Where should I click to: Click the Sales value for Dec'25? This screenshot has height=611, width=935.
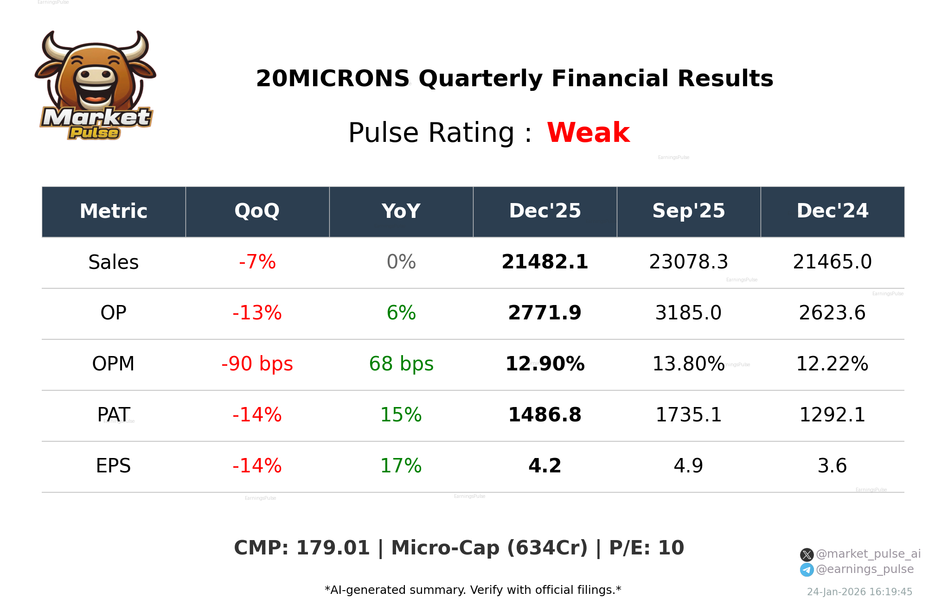544,262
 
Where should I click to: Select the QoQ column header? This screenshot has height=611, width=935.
257,211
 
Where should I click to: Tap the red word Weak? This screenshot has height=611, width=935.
588,133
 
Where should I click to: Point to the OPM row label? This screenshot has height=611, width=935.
113,364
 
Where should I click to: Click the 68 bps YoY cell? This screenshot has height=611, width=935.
401,364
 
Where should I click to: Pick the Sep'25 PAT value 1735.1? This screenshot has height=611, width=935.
688,415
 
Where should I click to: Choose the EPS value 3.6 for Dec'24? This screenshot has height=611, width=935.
832,466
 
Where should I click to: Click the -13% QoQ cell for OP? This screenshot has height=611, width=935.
257,313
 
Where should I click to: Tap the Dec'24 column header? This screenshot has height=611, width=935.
832,211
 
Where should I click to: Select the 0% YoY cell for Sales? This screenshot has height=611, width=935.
401,262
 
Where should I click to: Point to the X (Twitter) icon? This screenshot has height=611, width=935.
807,554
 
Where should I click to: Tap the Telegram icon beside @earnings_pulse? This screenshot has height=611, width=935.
807,570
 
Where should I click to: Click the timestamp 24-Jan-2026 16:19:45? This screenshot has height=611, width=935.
859,592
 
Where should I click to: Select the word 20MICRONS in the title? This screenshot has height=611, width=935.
333,78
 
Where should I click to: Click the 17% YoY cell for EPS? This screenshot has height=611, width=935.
401,466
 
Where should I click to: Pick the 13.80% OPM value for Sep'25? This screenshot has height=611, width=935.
688,364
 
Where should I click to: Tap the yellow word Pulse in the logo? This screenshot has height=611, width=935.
94,133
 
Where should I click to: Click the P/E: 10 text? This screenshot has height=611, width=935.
647,548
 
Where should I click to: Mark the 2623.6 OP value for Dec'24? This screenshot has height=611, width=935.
832,313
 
